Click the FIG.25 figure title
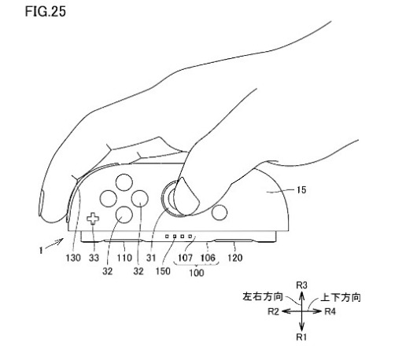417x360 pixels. (x=45, y=12)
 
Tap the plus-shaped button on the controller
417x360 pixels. (x=93, y=219)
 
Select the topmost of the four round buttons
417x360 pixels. (x=124, y=182)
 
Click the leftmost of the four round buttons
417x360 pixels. (x=109, y=199)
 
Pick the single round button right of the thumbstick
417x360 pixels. (x=220, y=212)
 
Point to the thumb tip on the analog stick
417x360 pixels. (x=186, y=197)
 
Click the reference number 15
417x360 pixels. (x=301, y=190)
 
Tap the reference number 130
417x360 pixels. (x=73, y=258)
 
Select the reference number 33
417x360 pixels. (x=94, y=258)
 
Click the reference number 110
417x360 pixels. (x=124, y=258)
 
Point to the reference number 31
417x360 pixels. (x=151, y=258)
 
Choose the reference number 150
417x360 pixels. (x=163, y=271)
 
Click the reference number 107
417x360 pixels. (x=185, y=258)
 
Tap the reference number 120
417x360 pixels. (x=235, y=258)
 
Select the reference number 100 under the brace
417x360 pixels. (x=197, y=273)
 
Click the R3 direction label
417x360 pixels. (x=301, y=285)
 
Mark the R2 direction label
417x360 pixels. (x=273, y=311)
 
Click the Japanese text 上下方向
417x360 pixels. (x=341, y=297)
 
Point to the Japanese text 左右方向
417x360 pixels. (x=263, y=296)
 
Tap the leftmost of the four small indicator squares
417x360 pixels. (x=167, y=236)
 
